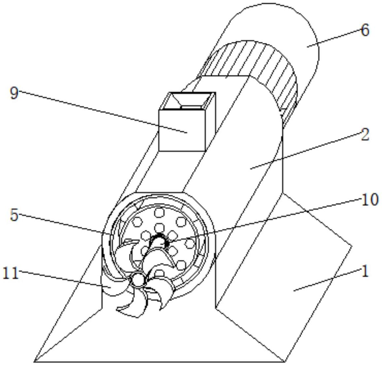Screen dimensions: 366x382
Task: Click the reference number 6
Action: [365, 31]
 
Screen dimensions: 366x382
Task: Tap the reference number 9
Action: [14, 93]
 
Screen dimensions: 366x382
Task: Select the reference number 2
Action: [365, 135]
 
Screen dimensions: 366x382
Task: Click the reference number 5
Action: [14, 215]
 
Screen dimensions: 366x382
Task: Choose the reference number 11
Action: [11, 273]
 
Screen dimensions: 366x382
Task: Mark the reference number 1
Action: [365, 272]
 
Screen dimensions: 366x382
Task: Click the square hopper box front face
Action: [182, 130]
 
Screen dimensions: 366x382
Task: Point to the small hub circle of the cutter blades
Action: [138, 280]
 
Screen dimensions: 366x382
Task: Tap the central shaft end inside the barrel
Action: [160, 240]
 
